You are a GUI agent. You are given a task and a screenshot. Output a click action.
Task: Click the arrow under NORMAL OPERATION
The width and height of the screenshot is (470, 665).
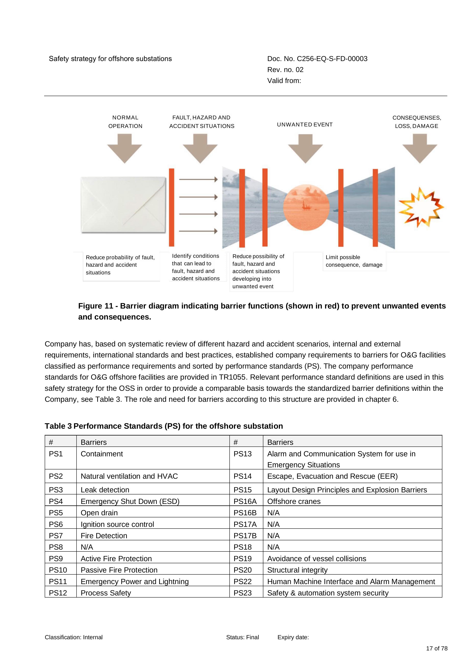pyautogui.click(x=125, y=149)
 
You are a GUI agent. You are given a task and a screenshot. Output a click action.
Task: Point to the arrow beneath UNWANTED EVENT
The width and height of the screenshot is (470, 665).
pyautogui.click(x=306, y=149)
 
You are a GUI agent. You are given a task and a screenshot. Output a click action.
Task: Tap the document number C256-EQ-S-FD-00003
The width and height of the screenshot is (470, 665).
pyautogui.click(x=332, y=59)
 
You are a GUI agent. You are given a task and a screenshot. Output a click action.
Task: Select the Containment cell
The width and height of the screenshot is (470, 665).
pyautogui.click(x=153, y=458)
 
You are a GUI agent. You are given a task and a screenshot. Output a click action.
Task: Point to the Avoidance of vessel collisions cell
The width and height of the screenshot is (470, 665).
pyautogui.click(x=352, y=558)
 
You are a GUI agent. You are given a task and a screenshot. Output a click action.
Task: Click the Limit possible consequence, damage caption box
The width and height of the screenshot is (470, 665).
pyautogui.click(x=354, y=261)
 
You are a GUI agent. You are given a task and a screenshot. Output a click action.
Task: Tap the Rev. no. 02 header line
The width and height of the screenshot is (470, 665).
pyautogui.click(x=285, y=70)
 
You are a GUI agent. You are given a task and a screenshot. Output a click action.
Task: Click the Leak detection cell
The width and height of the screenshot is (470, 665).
pyautogui.click(x=153, y=490)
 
